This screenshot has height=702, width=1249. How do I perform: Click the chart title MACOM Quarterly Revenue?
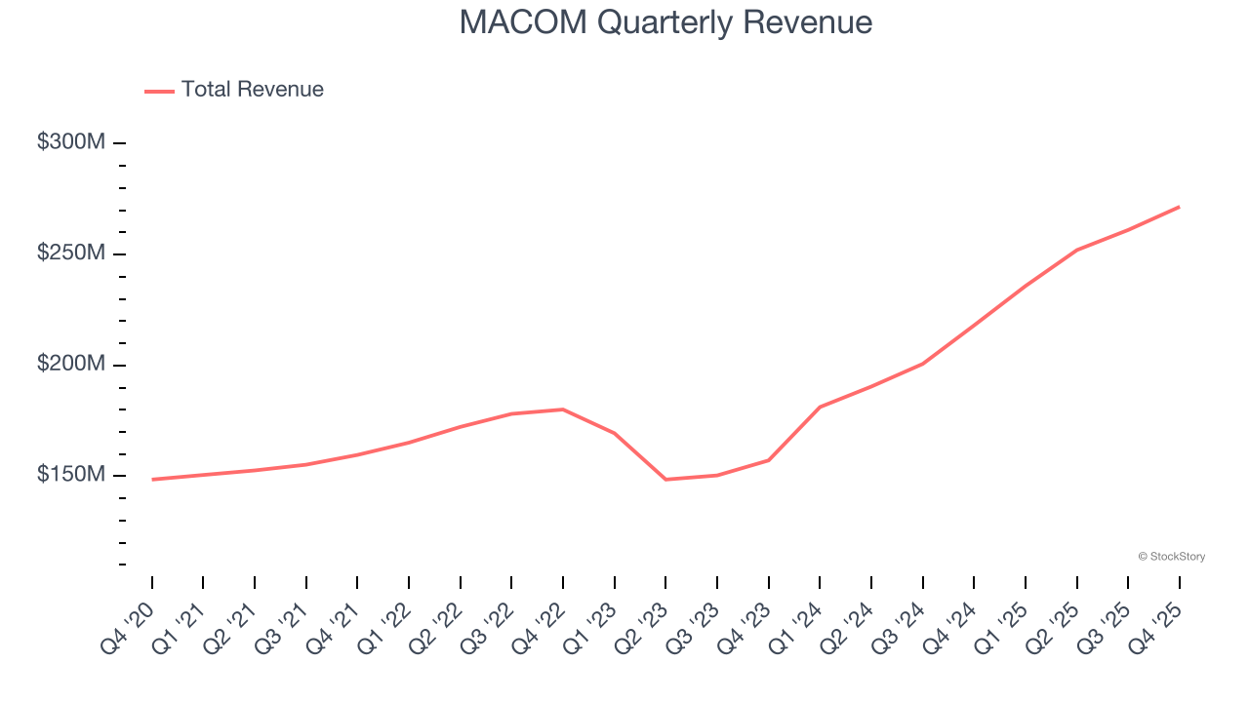(x=665, y=21)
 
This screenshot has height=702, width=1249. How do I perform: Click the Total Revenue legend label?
(x=252, y=90)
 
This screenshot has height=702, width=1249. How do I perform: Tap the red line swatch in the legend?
(x=159, y=91)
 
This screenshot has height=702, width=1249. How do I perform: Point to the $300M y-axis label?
(x=71, y=142)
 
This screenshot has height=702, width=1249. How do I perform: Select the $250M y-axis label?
(x=71, y=253)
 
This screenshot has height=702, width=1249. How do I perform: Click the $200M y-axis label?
(x=71, y=365)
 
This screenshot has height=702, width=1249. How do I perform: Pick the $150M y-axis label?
(x=71, y=475)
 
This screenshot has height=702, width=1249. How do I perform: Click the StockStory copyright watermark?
(x=1171, y=557)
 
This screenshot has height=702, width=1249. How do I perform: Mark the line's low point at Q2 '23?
(x=665, y=480)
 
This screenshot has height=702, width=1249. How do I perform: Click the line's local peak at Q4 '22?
(x=563, y=409)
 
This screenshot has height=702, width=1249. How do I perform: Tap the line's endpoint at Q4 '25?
(x=1179, y=207)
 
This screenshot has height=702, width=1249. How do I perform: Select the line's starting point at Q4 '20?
(x=152, y=480)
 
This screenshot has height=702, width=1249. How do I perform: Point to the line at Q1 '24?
(x=820, y=407)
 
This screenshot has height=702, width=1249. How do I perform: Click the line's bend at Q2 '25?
(x=1076, y=250)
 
